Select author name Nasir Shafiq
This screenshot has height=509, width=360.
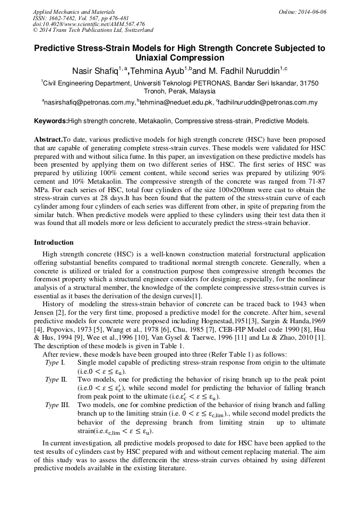click(x=96, y=71)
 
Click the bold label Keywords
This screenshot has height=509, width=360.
click(x=50, y=121)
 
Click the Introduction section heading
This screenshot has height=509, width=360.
click(x=54, y=242)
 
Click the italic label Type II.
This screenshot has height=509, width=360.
click(x=55, y=379)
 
